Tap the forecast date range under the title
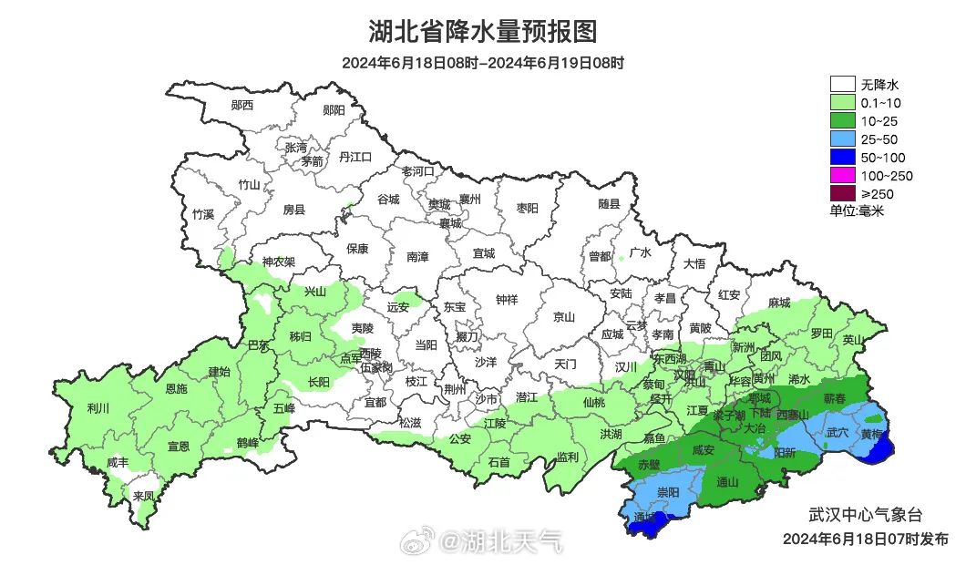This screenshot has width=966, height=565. tap(483, 63)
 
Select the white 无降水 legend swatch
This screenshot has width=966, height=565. tap(842, 85)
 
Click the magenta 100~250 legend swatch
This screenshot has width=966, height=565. tap(842, 175)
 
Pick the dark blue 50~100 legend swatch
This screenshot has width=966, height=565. tap(842, 157)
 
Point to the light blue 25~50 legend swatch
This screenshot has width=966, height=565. tap(842, 139)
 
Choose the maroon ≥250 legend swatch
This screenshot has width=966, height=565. tap(842, 193)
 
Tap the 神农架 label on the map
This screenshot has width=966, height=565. tap(279, 262)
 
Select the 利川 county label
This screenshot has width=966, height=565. tap(97, 408)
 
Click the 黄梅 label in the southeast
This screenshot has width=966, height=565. tap(872, 435)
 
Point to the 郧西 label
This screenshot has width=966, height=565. tap(241, 106)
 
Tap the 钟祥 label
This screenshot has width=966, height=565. tap(507, 299)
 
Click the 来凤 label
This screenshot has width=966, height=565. tap(143, 496)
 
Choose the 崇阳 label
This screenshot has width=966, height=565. tap(667, 492)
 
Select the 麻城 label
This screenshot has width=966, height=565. tap(778, 303)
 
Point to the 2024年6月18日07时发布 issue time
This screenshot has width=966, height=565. tap(865, 539)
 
